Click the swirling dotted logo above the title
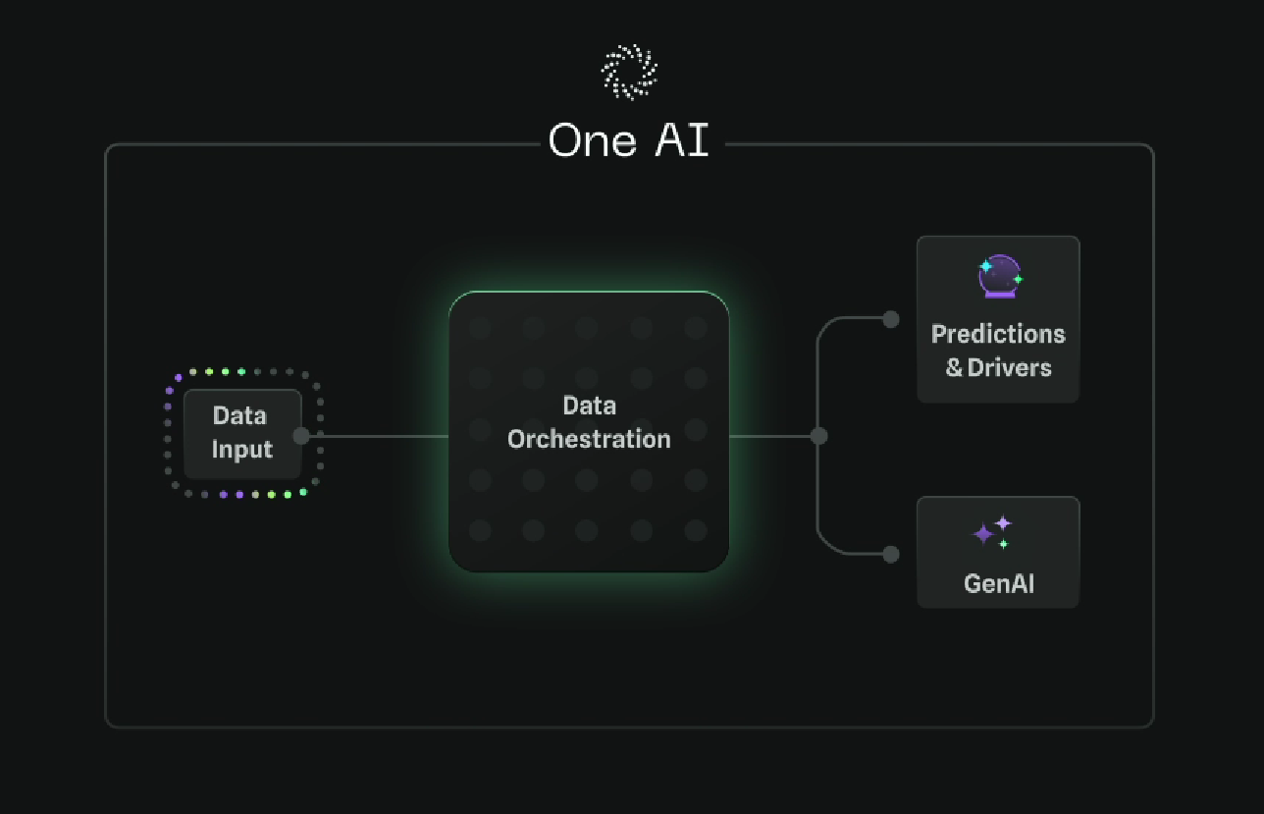point(628,72)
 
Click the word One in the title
point(593,140)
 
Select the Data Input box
point(242,433)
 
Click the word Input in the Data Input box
point(241,450)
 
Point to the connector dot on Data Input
point(301,436)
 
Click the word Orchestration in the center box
point(589,439)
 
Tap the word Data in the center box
point(589,406)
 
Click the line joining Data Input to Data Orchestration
point(378,436)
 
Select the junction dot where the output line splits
point(818,436)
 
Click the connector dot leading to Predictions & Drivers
point(890,319)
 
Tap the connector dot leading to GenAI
point(890,554)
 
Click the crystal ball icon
point(999,276)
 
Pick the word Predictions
point(998,334)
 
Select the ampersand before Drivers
point(954,369)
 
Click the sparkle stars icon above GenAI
point(992,532)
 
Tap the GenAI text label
point(998,583)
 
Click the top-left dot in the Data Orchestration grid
point(480,327)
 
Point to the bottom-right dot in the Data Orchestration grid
point(696,530)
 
